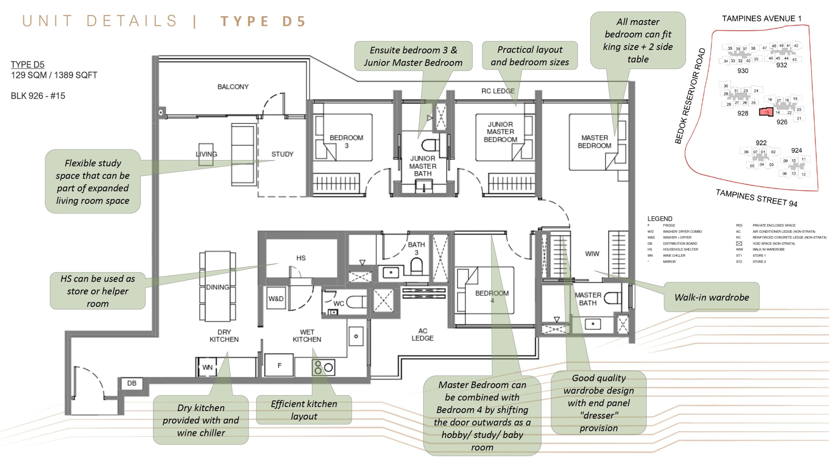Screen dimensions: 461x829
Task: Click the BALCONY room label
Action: pos(233,87)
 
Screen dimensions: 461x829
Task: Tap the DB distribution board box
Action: pos(131,383)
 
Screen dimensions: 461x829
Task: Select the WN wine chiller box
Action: pos(207,367)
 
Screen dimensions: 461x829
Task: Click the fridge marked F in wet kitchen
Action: pos(279,365)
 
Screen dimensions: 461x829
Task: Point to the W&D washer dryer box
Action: pos(276,298)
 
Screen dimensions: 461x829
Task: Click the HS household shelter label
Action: pos(301,258)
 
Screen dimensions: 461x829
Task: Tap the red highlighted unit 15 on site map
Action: pos(766,112)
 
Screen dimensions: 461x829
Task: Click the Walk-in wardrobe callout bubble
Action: pos(711,297)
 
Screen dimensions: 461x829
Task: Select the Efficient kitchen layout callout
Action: pos(304,410)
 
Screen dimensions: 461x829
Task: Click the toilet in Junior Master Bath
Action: pos(430,145)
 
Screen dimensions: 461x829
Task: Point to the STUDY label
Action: pos(282,154)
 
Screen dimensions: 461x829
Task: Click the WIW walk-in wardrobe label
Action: pos(592,254)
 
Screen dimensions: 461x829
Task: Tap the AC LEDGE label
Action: pos(422,334)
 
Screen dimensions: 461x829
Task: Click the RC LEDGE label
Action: pos(498,91)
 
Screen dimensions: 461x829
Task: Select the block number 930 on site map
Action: pos(743,71)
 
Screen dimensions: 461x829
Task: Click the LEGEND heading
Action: pos(660,219)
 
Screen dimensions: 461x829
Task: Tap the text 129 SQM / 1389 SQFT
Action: pos(54,75)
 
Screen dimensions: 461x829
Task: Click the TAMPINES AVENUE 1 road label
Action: pos(761,18)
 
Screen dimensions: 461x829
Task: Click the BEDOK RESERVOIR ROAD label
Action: pos(690,96)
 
